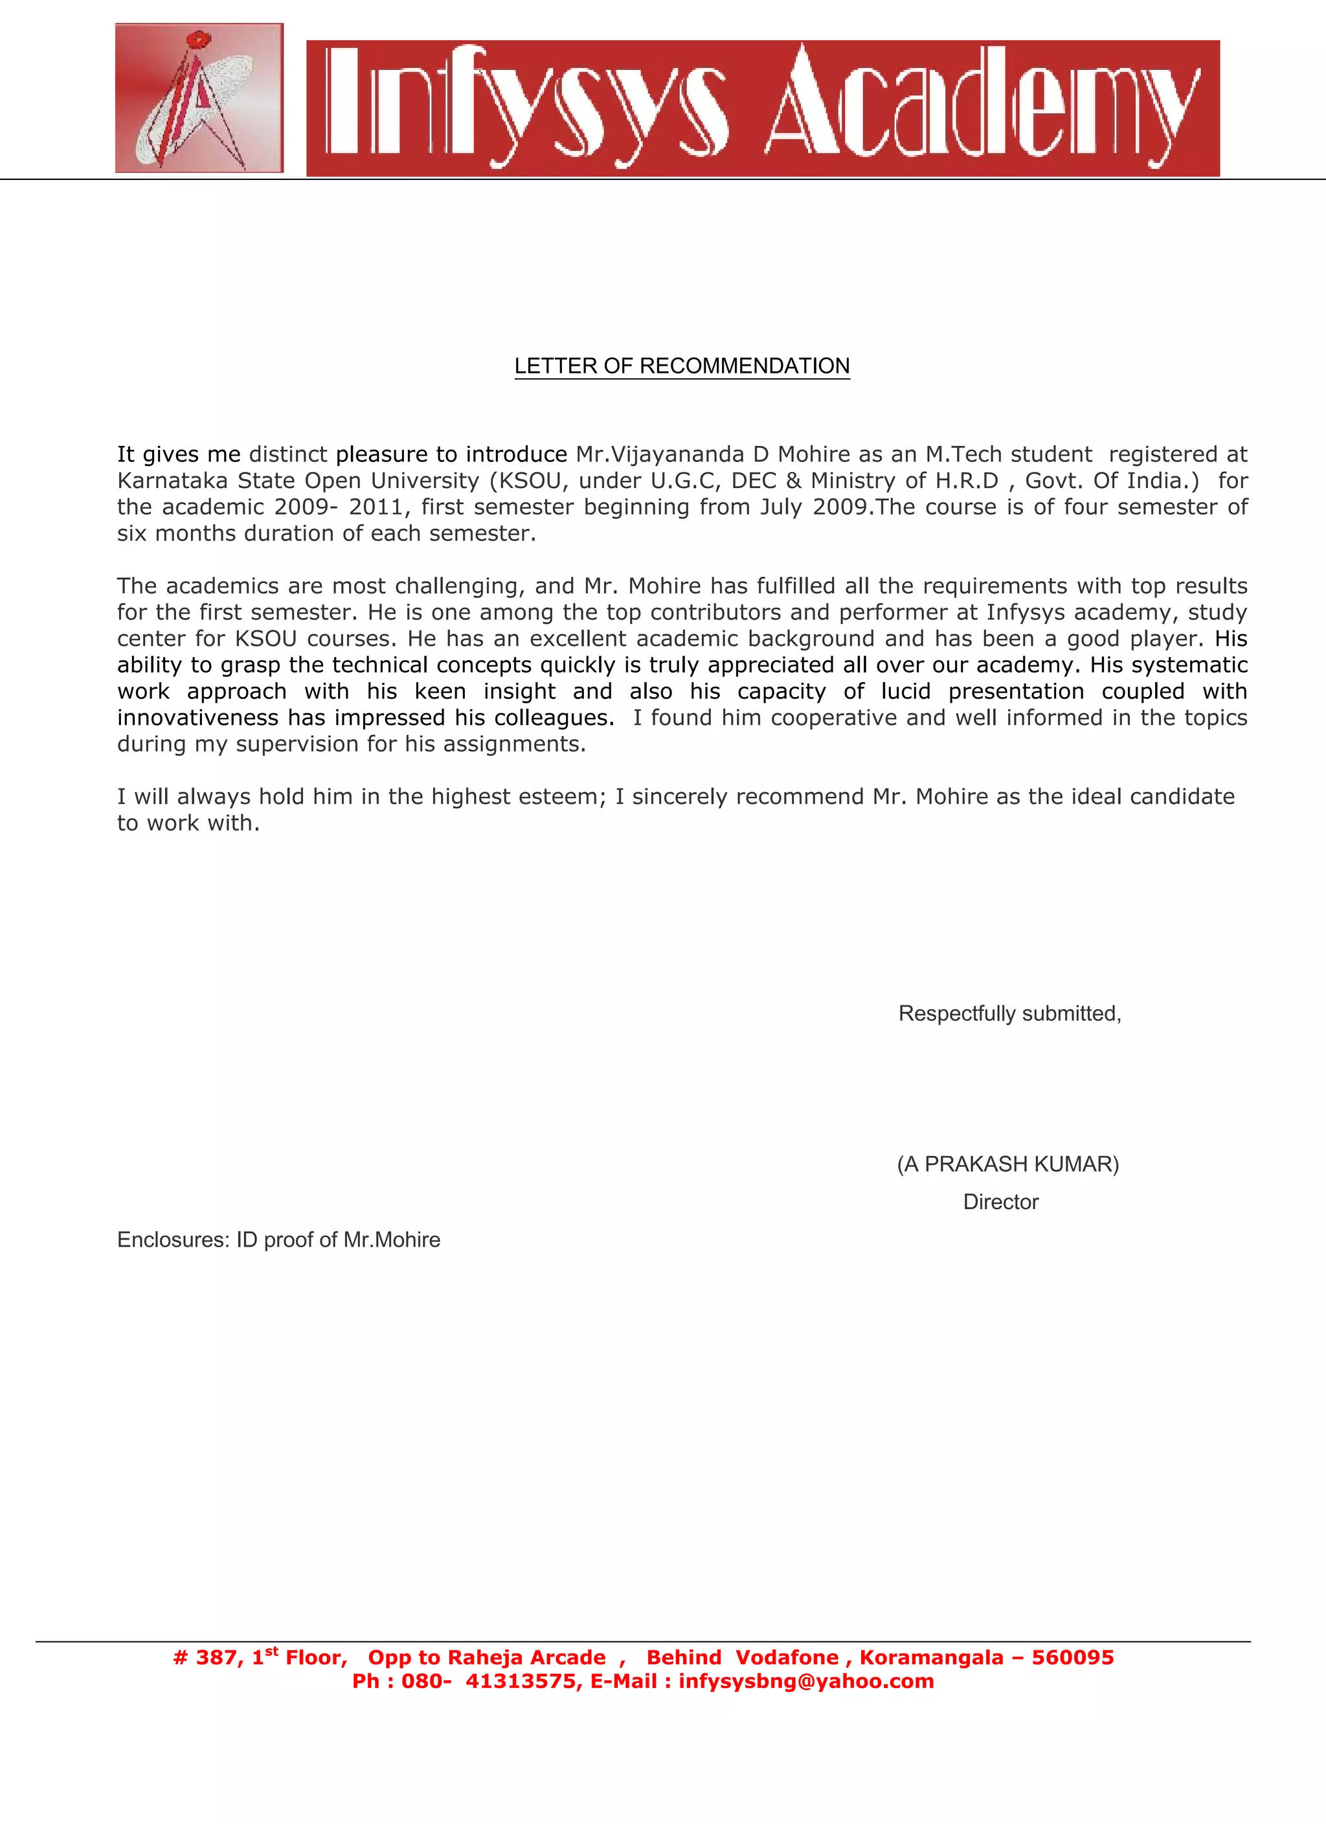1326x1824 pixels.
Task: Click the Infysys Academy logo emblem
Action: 199,98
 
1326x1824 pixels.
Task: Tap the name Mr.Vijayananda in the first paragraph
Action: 660,454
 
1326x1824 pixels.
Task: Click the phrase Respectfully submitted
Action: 1009,1014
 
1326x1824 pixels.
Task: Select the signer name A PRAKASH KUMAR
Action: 1008,1164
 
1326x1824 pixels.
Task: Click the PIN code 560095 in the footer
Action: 1073,1658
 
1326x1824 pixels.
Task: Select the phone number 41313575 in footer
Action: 520,1682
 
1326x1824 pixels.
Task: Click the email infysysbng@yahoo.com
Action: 805,1682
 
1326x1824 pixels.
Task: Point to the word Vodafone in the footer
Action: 787,1658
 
